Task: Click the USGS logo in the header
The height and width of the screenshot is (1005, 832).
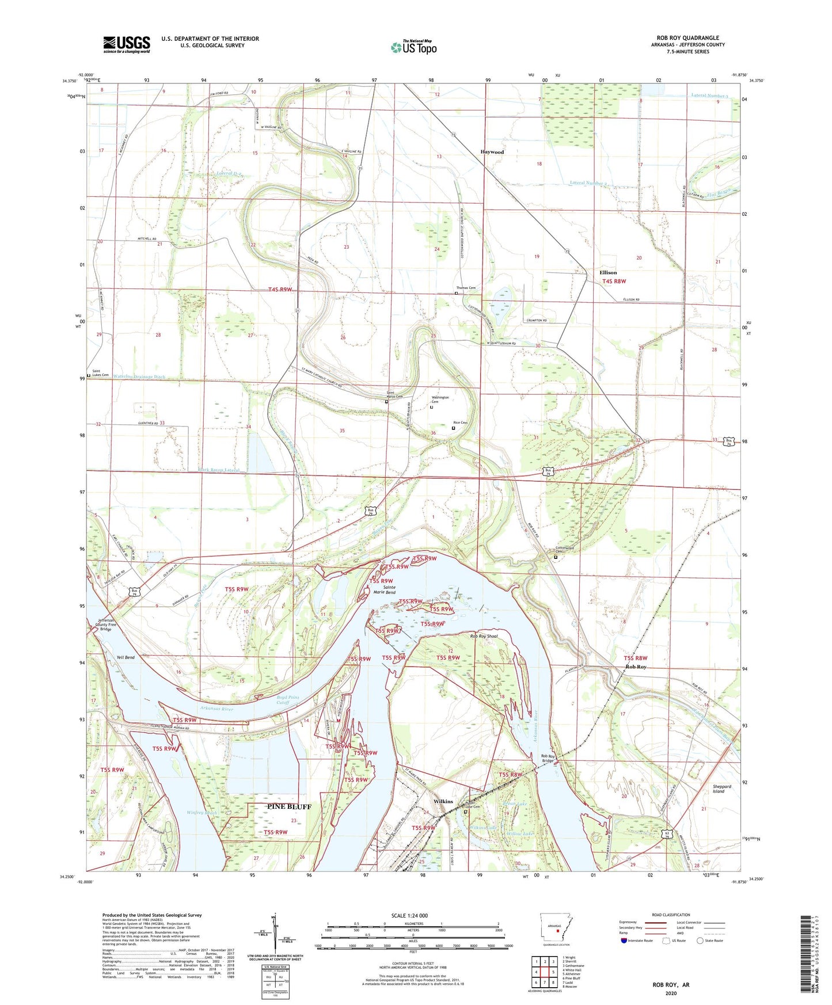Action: tap(127, 44)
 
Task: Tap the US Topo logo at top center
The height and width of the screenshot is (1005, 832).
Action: tap(413, 47)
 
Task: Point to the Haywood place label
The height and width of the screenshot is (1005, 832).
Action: tap(492, 152)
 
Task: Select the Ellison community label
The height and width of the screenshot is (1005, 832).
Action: tap(607, 272)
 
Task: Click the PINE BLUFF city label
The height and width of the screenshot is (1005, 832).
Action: tap(289, 806)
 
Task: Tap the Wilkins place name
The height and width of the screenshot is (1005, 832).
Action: tap(443, 801)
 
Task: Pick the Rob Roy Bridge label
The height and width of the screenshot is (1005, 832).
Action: tap(548, 758)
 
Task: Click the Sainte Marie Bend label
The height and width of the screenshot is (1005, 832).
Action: tap(384, 589)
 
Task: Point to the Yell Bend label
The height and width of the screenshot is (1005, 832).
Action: tap(125, 657)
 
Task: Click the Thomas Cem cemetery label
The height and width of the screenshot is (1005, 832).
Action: tap(466, 288)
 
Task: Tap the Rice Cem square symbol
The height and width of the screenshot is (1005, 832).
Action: tap(453, 428)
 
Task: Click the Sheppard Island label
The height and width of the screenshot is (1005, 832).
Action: tap(721, 789)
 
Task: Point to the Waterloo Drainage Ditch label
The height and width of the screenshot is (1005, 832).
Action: tap(139, 377)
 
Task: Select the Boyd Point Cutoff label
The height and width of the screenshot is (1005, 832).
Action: tap(282, 700)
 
